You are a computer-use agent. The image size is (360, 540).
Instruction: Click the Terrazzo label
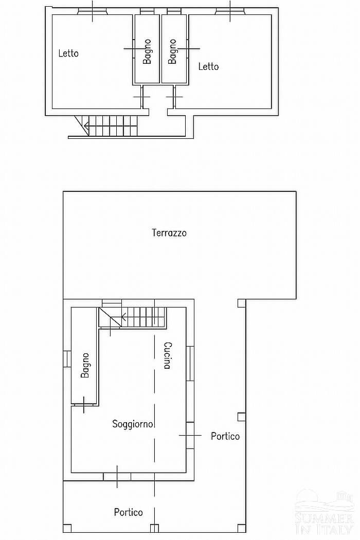click(x=169, y=233)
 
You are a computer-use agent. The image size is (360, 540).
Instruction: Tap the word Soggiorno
click(x=133, y=424)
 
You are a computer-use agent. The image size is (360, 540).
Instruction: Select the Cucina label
click(x=168, y=355)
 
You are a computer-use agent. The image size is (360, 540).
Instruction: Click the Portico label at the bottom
click(x=129, y=512)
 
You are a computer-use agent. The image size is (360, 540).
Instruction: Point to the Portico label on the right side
click(x=225, y=436)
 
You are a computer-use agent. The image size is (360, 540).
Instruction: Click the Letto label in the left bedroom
click(x=68, y=53)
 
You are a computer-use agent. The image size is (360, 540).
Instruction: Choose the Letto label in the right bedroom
click(x=208, y=66)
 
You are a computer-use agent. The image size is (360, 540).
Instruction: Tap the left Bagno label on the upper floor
click(x=147, y=51)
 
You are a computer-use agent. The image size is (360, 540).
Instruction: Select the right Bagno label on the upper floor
click(x=172, y=51)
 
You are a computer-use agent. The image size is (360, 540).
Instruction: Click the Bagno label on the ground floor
click(x=85, y=365)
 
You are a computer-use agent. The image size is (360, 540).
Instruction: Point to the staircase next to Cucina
click(x=133, y=317)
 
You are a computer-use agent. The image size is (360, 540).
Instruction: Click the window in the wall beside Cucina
click(x=190, y=363)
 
